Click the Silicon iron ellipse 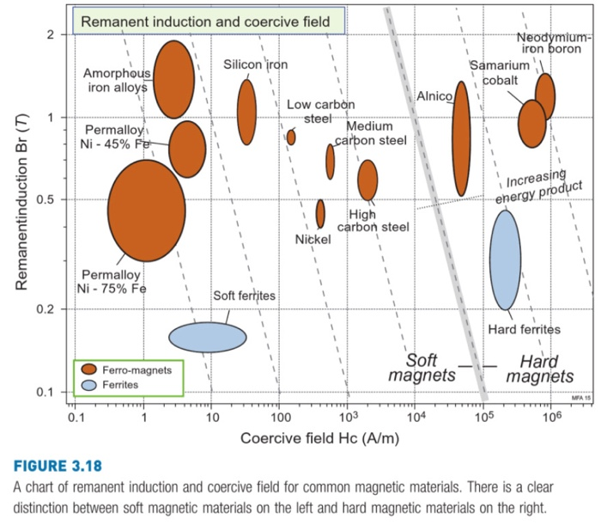[246, 112]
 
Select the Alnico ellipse [461, 139]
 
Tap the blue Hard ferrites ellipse [505, 259]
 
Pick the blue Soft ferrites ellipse [207, 337]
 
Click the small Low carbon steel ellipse [291, 137]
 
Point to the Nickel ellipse [320, 213]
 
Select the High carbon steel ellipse [367, 180]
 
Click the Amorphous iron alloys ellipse [173, 79]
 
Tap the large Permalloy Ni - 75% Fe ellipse [146, 211]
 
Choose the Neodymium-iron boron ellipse [544, 95]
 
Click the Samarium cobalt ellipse [532, 124]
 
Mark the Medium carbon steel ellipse [331, 161]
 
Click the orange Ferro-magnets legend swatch [88, 370]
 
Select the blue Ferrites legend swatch [88, 385]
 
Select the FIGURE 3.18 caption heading [57, 467]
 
